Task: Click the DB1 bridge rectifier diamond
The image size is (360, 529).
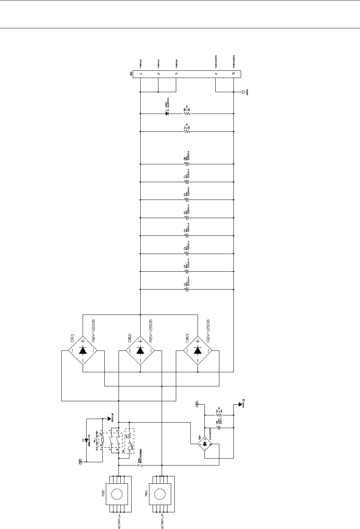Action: click(x=83, y=350)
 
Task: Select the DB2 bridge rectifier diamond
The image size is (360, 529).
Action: click(x=140, y=350)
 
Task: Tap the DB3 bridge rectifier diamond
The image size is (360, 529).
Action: click(x=198, y=350)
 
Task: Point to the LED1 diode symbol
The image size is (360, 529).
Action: click(x=167, y=114)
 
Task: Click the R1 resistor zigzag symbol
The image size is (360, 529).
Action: click(x=187, y=131)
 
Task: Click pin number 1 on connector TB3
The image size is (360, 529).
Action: click(x=140, y=74)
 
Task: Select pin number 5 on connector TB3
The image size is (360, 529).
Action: click(x=233, y=74)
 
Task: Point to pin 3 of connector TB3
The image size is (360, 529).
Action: click(x=176, y=74)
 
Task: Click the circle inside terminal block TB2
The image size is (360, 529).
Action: click(x=117, y=494)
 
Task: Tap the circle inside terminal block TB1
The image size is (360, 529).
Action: click(x=160, y=494)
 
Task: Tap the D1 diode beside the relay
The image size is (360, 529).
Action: click(x=86, y=440)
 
